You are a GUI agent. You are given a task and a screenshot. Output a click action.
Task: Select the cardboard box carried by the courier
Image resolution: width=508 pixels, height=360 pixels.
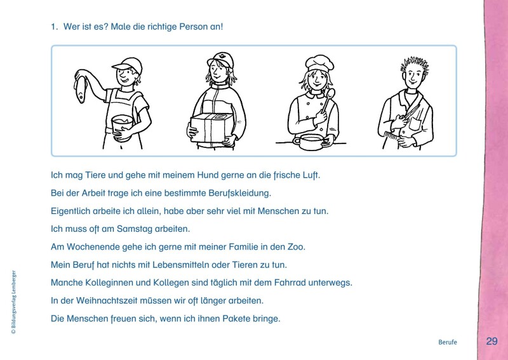click(212, 128)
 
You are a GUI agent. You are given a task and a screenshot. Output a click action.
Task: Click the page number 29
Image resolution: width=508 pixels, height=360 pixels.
click(491, 341)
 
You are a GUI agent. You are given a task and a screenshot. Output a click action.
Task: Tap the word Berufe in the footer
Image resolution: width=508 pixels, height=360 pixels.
click(447, 342)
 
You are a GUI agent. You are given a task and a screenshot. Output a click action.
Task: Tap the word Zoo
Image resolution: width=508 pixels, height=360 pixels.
click(297, 246)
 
